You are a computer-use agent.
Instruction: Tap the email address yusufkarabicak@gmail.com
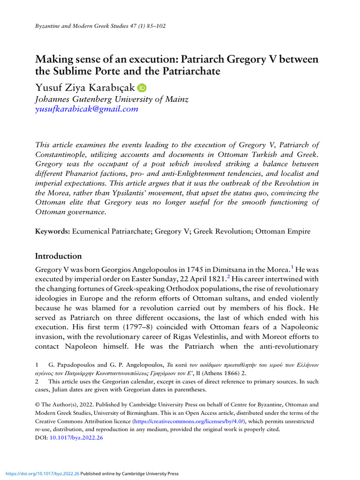pos(87,109)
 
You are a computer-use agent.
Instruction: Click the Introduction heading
pos(59,256)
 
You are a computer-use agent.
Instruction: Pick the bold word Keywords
pos(52,231)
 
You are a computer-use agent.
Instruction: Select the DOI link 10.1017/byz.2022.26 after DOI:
pos(76,438)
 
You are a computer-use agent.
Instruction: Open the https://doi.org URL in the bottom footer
pos(40,474)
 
